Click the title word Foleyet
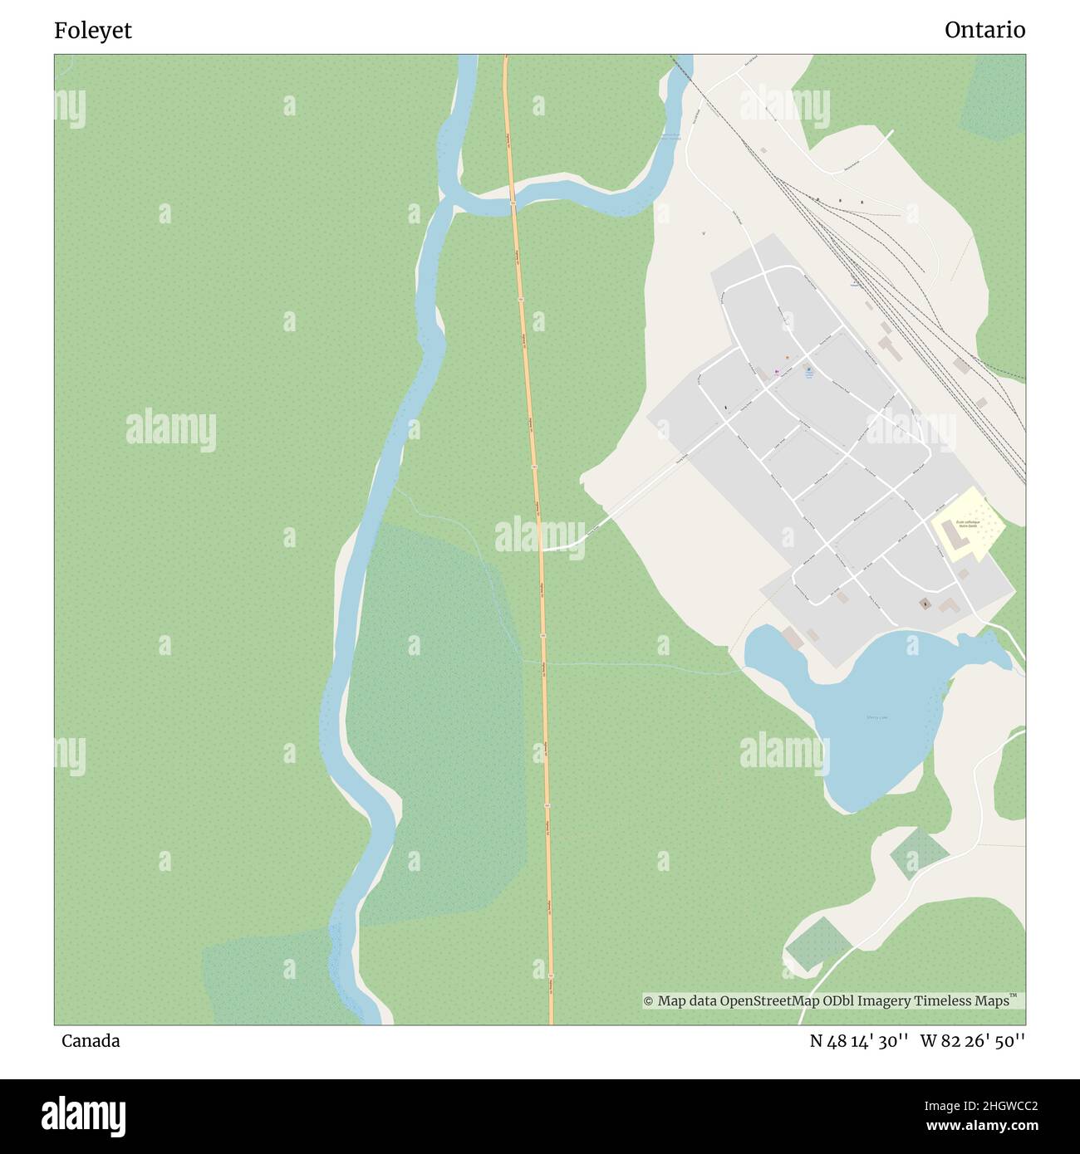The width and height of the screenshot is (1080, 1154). [x=93, y=31]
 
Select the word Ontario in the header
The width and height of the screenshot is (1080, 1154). [x=984, y=31]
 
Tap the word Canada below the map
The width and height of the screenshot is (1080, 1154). [x=91, y=1041]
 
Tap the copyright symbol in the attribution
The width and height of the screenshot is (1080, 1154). [x=649, y=1001]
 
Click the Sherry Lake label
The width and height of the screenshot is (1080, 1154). [x=876, y=716]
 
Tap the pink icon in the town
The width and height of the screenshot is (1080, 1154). [x=778, y=372]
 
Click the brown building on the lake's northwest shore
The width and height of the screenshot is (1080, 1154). [x=792, y=638]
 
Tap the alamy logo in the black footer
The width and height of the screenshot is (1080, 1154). [x=83, y=1115]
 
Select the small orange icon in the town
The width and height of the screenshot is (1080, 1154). [x=786, y=358]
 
